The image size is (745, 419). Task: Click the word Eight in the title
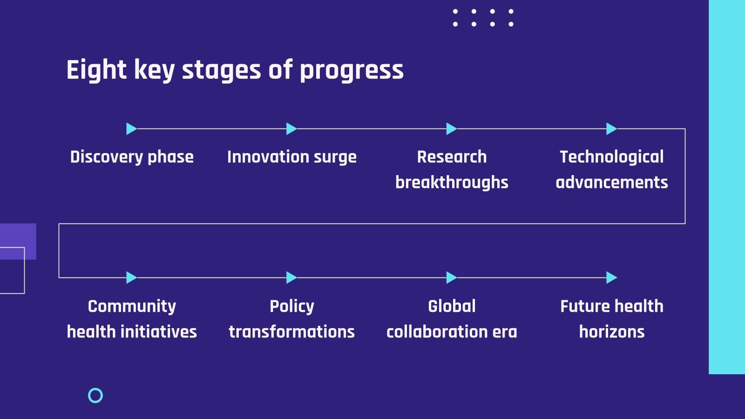[x=96, y=70]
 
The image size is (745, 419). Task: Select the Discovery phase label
[x=132, y=157]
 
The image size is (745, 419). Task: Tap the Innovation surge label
[x=291, y=157]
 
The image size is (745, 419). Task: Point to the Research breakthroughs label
[x=452, y=169]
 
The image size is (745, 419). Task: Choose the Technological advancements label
[x=612, y=169]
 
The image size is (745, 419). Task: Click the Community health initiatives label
[x=132, y=319]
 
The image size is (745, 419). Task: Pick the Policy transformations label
[x=291, y=319]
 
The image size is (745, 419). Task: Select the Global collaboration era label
[x=452, y=319]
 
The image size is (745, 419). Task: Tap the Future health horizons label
[x=612, y=319]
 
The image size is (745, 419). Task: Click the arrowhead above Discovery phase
[x=131, y=128]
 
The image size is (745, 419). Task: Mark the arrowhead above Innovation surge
[x=291, y=128]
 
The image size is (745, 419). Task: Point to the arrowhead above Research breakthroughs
[x=451, y=128]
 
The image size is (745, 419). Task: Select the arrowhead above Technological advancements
[x=611, y=128]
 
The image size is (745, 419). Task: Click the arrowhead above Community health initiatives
[x=131, y=277]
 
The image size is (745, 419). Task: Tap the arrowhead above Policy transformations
[x=291, y=277]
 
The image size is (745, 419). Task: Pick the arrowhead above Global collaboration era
[x=451, y=277]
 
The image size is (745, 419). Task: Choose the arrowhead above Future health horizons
[x=611, y=277]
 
